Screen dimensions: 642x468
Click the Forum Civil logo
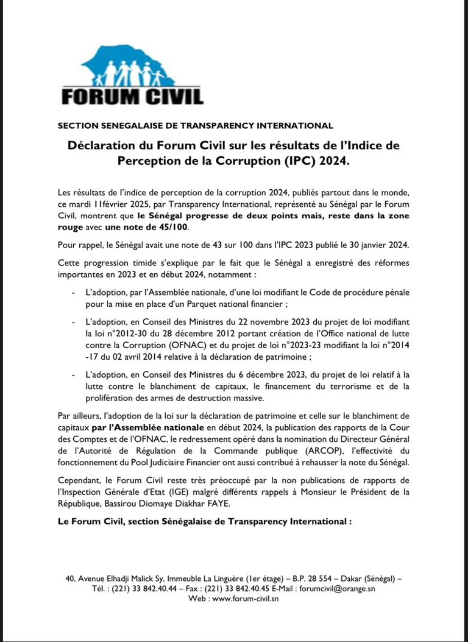(x=132, y=76)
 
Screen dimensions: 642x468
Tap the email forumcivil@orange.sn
(x=337, y=589)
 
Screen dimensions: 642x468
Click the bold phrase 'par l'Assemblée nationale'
(x=148, y=428)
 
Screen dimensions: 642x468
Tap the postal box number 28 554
(x=319, y=579)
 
